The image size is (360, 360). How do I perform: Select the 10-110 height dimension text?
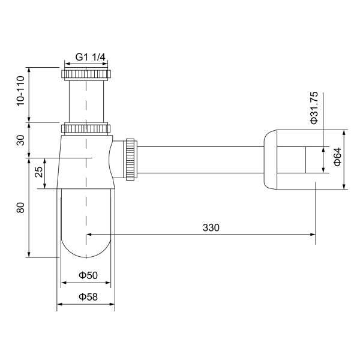(20, 92)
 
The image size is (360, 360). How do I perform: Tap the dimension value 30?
(20, 140)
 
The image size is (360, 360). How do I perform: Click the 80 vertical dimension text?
(20, 208)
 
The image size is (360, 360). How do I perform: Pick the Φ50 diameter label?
(88, 275)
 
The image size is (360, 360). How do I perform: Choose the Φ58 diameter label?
(88, 297)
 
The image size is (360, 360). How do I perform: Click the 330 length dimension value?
(211, 227)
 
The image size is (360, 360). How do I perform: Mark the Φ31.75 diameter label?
(314, 109)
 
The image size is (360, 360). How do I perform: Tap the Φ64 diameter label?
(337, 157)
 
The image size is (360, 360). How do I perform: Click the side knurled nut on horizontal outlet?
(130, 159)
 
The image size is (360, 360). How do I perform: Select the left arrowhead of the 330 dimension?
(90, 235)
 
